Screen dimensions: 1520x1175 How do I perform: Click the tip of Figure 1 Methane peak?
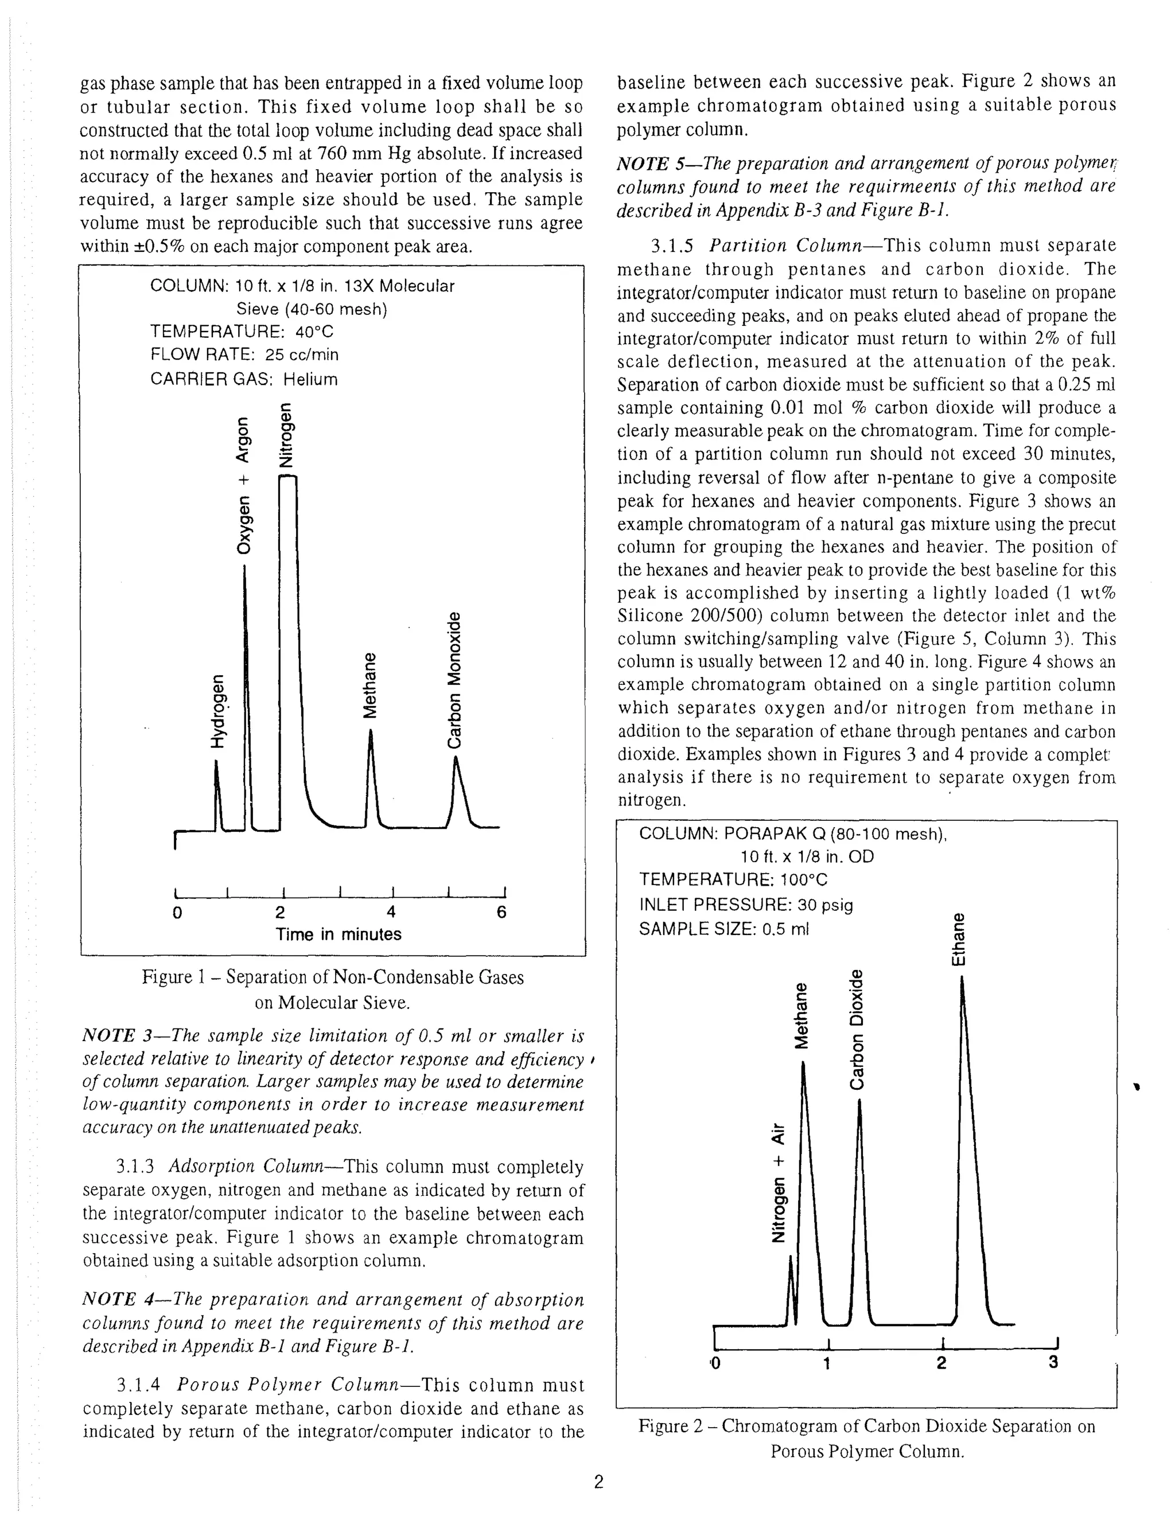pos(370,731)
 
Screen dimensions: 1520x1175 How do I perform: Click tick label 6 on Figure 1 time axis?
pos(501,912)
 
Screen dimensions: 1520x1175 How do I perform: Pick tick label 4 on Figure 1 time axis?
pos(391,912)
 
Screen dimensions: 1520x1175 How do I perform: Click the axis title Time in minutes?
pos(339,934)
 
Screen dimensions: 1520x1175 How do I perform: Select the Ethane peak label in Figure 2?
pos(959,939)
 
